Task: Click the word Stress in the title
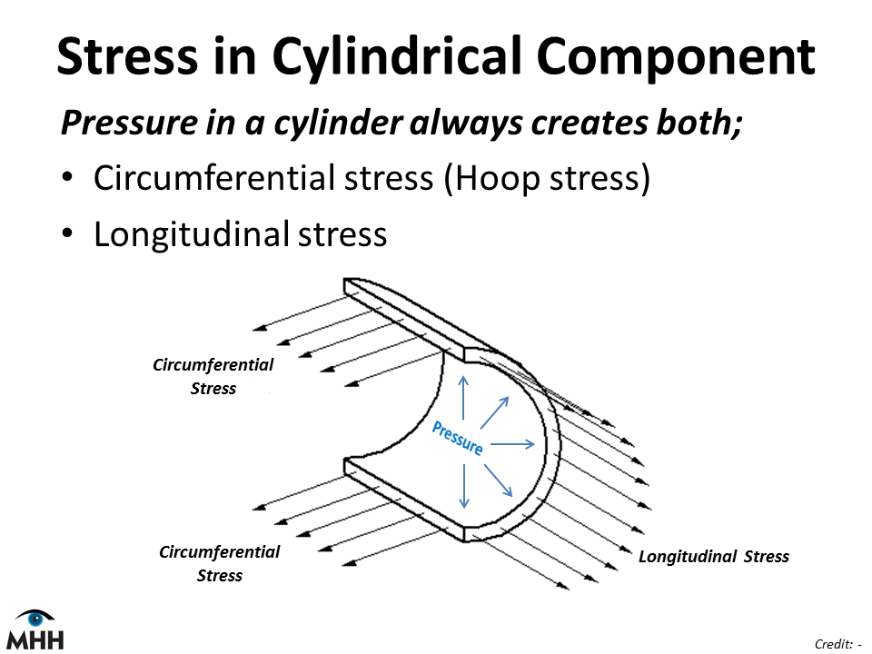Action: click(x=127, y=55)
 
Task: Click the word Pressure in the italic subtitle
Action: click(x=130, y=123)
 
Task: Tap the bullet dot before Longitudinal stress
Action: click(x=67, y=233)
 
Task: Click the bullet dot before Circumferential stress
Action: click(x=67, y=177)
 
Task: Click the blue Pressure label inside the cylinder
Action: click(x=458, y=438)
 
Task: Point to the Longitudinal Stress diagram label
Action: click(x=714, y=556)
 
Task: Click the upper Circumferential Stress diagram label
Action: click(x=213, y=376)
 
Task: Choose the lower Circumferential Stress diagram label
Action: click(x=220, y=563)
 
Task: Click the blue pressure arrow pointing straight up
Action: click(x=463, y=398)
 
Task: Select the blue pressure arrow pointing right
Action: click(x=512, y=444)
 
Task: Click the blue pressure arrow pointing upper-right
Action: click(x=494, y=412)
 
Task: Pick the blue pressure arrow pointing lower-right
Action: click(x=498, y=481)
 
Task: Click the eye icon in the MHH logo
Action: click(x=35, y=618)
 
